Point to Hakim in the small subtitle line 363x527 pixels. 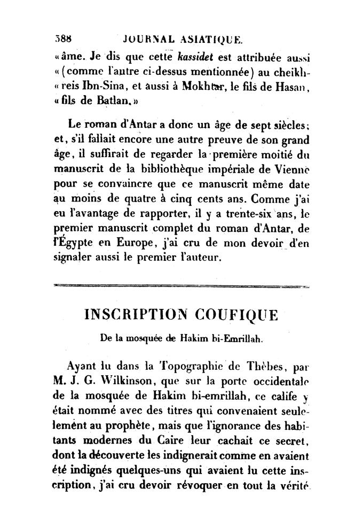[x=196, y=338]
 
